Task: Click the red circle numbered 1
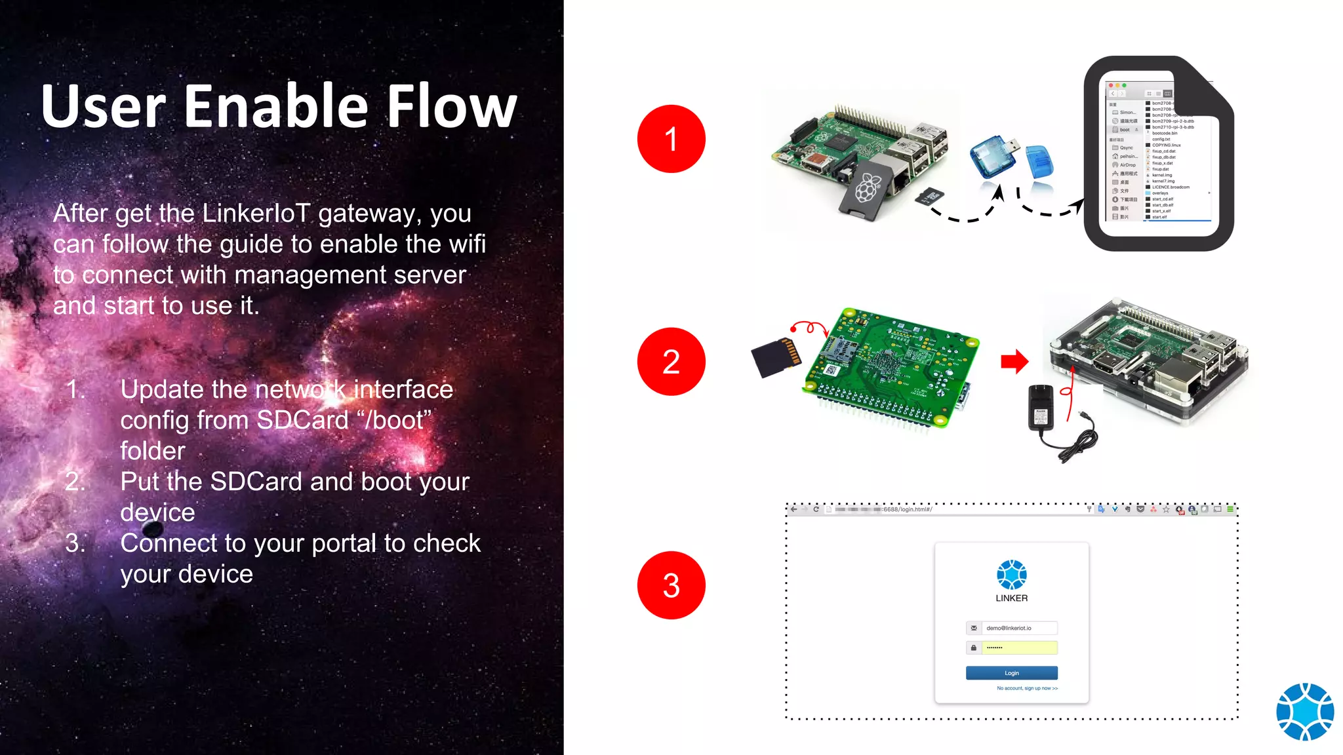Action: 671,139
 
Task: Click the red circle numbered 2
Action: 671,362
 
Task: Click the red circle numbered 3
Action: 671,585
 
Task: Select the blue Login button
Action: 1011,673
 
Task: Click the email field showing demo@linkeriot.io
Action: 1019,628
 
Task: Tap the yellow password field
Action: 1019,648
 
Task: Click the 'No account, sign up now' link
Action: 1027,688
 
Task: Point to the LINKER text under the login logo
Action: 1011,598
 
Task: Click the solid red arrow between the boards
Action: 1014,361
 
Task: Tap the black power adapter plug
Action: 1041,408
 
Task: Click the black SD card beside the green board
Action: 776,357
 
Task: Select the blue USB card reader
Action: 992,157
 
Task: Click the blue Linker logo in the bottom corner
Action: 1304,712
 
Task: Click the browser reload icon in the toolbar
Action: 816,509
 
